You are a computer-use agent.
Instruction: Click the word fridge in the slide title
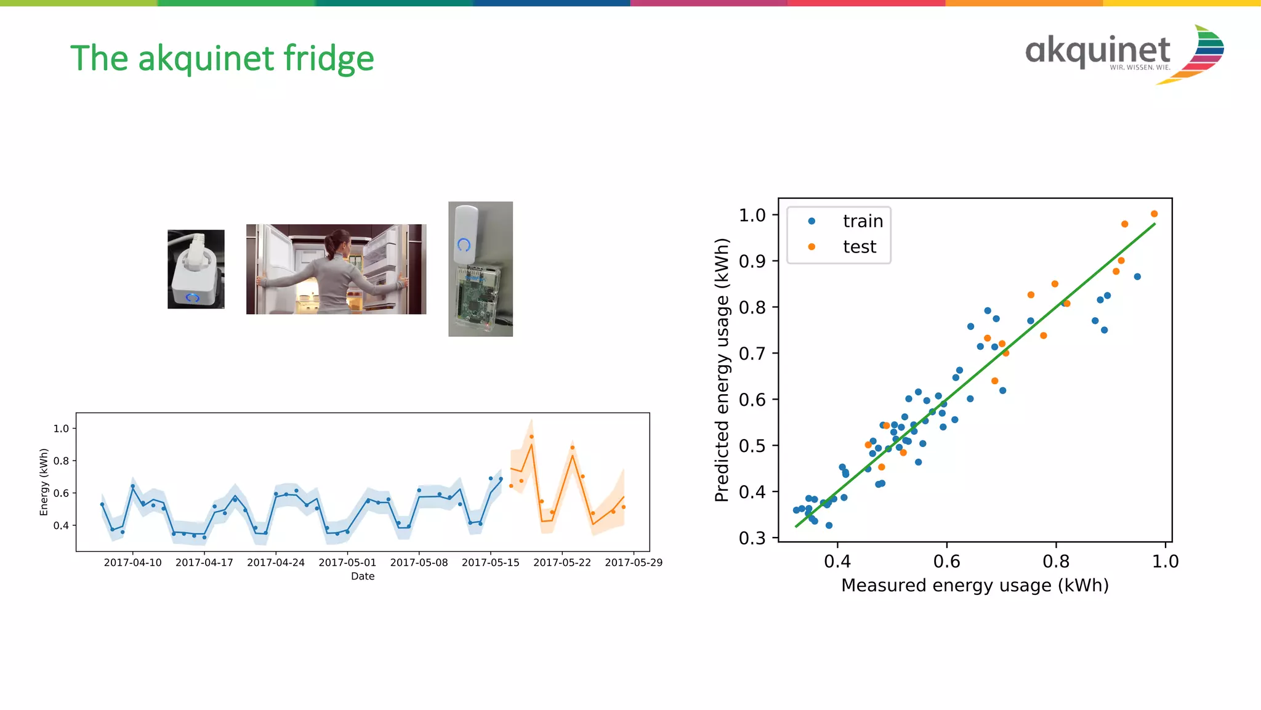[328, 59]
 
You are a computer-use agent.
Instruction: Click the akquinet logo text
[1097, 50]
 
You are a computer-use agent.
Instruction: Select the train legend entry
[862, 221]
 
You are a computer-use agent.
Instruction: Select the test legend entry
[859, 247]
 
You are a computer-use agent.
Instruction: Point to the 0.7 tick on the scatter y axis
[752, 353]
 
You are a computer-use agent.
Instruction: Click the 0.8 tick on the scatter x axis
[1056, 561]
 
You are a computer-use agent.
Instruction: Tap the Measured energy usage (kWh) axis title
[975, 585]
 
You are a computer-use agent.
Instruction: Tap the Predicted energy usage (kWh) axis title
[722, 369]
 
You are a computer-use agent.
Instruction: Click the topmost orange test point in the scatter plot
[1154, 214]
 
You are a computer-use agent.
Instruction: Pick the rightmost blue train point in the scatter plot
[1137, 276]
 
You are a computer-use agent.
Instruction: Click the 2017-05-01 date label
[347, 562]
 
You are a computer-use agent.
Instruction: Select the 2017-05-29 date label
[633, 562]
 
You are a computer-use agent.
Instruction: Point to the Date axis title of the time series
[363, 576]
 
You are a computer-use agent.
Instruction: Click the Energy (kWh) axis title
[44, 482]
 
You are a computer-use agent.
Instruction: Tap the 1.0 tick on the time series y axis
[61, 429]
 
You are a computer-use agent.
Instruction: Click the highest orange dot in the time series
[531, 437]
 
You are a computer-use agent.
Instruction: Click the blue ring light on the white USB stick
[464, 244]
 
